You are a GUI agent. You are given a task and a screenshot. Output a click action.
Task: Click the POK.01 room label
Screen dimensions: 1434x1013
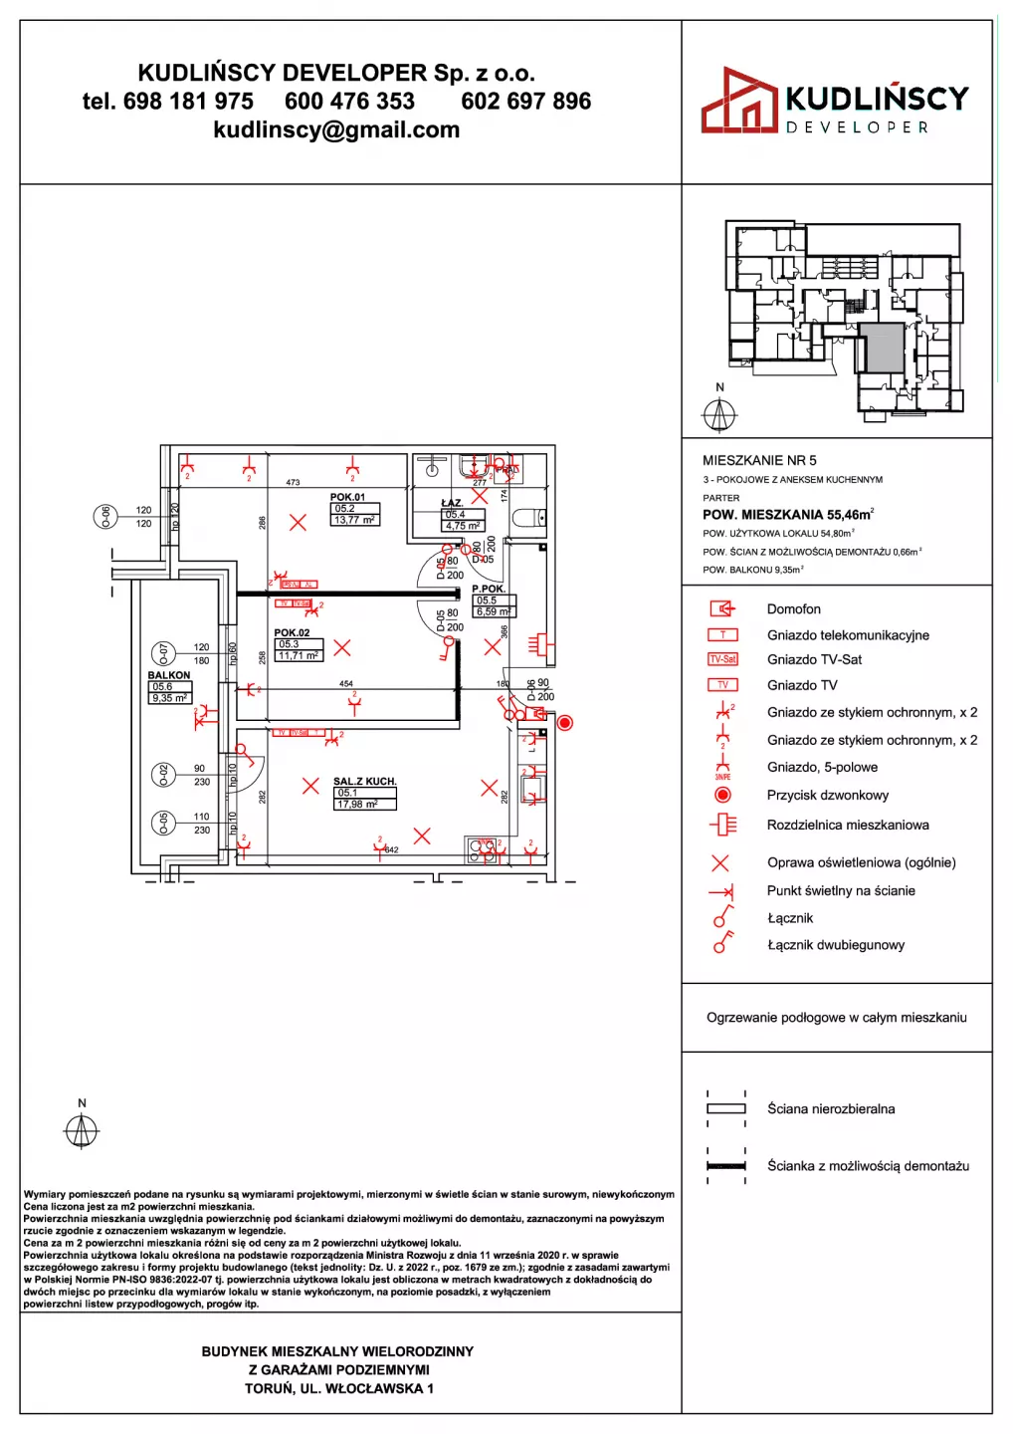point(347,497)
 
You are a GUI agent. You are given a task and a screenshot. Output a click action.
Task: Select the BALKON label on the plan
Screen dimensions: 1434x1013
point(168,675)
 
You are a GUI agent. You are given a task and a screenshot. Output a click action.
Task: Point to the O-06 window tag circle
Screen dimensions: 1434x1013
point(106,516)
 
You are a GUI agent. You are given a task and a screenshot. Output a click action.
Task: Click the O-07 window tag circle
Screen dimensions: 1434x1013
point(164,653)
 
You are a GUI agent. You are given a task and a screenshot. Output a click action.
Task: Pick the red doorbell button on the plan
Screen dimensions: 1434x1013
point(564,723)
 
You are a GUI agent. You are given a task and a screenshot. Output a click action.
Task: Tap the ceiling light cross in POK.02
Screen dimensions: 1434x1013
point(342,647)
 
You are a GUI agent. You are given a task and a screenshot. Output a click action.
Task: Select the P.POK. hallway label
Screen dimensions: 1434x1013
point(489,589)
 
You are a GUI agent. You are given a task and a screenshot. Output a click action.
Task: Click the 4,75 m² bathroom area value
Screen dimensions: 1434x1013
point(462,526)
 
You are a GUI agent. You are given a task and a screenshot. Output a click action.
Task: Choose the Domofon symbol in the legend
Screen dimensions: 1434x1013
point(722,608)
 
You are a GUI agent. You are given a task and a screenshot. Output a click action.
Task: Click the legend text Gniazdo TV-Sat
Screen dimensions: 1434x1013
point(814,659)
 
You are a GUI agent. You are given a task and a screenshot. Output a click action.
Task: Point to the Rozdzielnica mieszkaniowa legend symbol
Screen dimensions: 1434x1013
point(723,825)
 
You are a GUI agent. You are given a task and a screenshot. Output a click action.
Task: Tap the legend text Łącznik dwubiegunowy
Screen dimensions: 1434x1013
point(836,945)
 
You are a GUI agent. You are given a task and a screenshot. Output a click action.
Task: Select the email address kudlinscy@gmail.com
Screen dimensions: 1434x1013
point(336,129)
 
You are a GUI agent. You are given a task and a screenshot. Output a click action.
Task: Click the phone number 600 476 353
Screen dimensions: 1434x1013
point(349,101)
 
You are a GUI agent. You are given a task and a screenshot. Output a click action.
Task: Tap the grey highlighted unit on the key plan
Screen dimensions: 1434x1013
point(882,348)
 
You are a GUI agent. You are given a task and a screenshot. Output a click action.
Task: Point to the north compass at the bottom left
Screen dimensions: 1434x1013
point(82,1131)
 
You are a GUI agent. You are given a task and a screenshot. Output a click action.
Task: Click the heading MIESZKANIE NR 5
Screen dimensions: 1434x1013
point(759,460)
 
